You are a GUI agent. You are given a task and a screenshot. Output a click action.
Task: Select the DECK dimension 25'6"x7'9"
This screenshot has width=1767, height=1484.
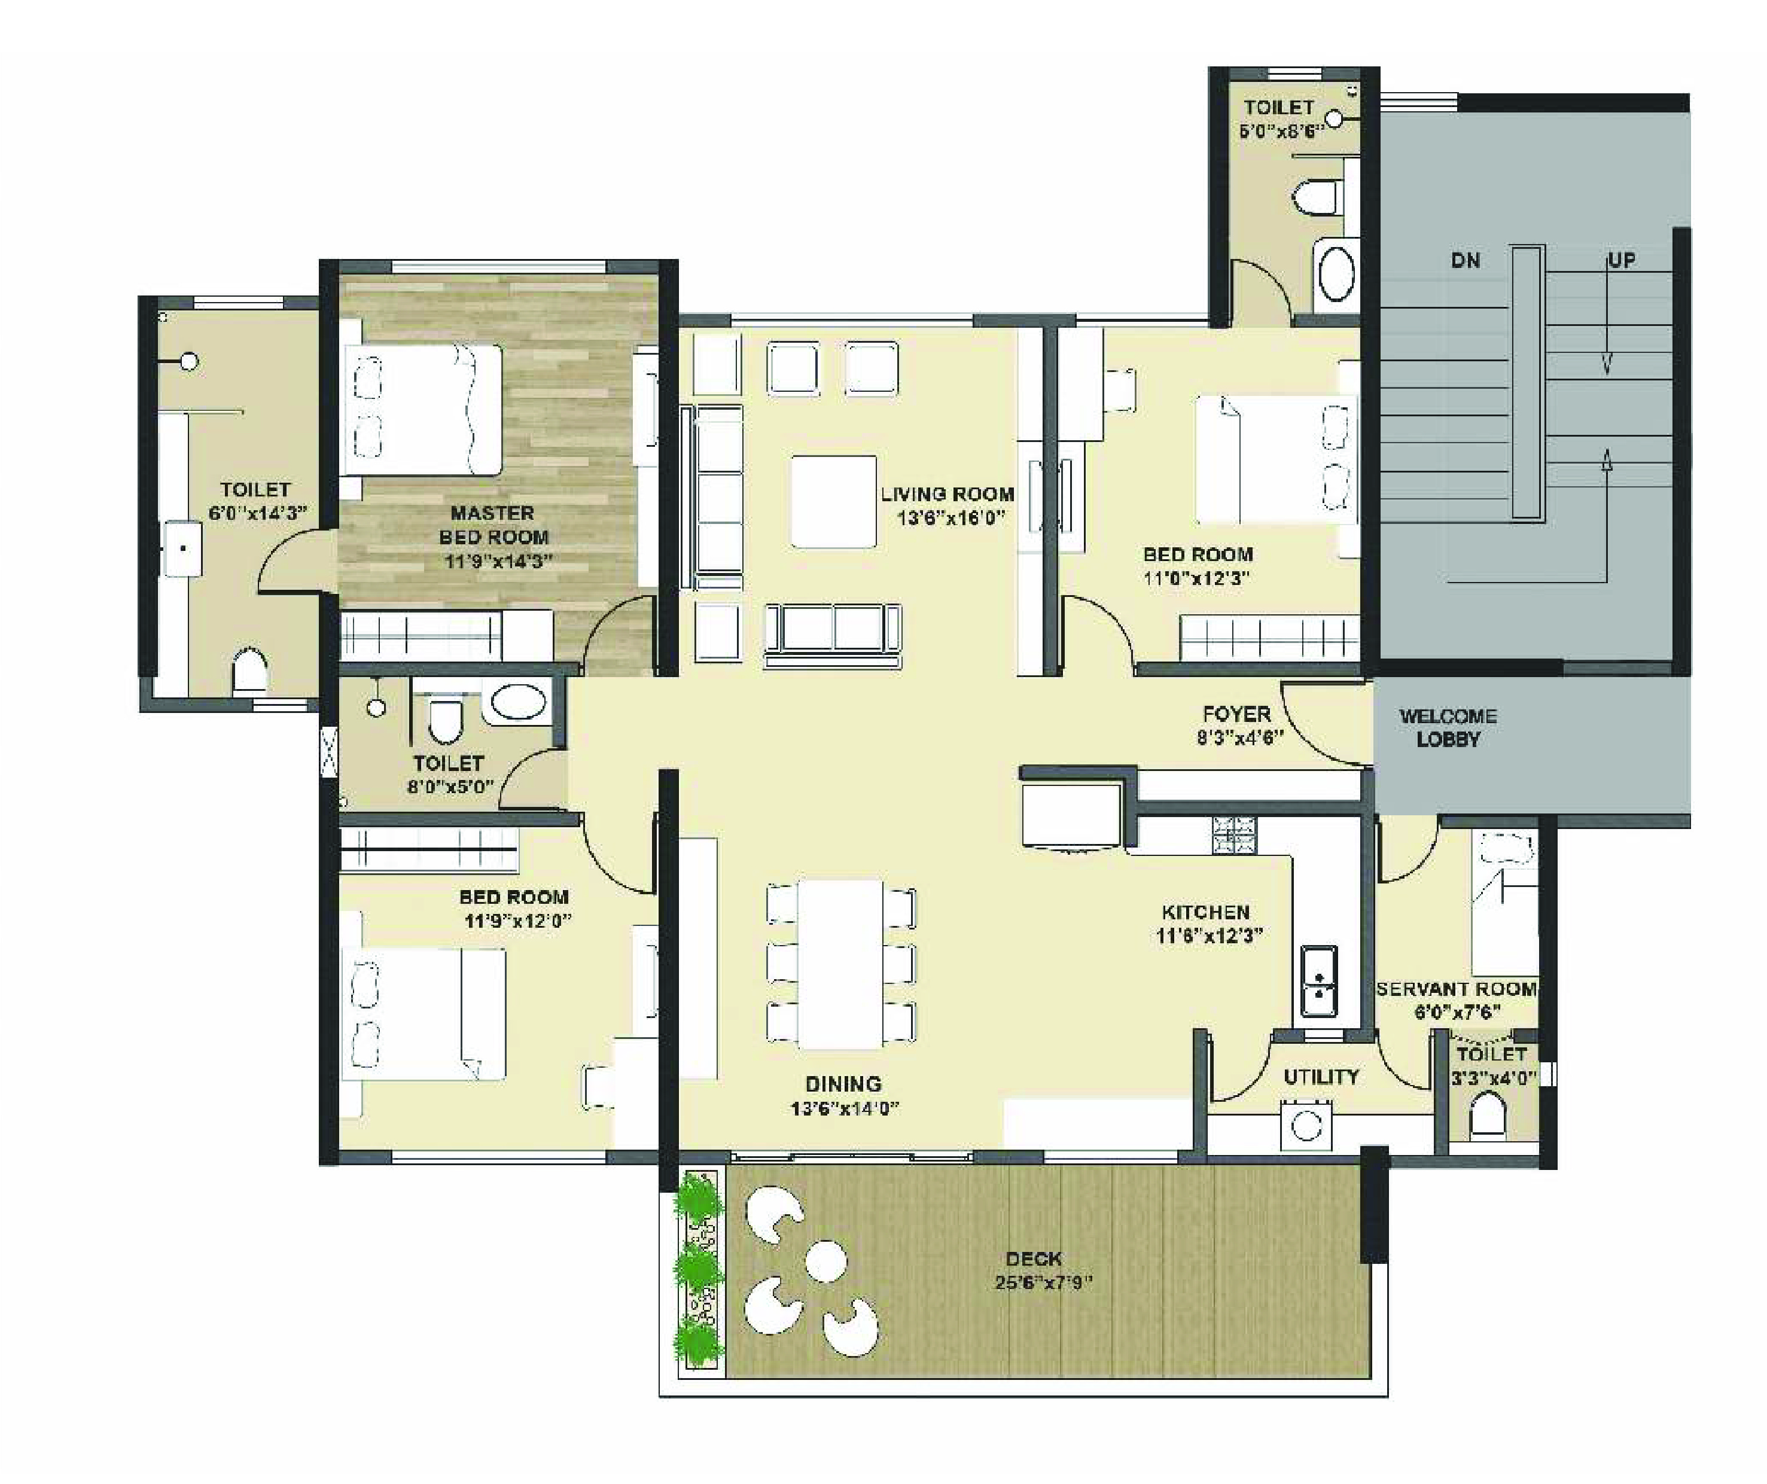[1043, 1283]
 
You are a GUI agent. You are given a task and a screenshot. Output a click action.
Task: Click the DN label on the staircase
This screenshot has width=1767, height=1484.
[1465, 261]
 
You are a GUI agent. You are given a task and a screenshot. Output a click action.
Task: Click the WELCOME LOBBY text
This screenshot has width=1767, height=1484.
[1448, 728]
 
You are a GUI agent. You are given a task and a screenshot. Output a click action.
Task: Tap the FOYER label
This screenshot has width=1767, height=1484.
[1236, 714]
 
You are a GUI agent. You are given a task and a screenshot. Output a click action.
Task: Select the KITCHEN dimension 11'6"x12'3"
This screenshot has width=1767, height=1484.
[1209, 936]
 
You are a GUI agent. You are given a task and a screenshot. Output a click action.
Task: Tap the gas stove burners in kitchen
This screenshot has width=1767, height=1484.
[1233, 836]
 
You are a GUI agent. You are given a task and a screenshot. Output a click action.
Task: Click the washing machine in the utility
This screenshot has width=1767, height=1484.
[1306, 1125]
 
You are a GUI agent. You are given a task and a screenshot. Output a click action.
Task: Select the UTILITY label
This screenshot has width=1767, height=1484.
[1320, 1077]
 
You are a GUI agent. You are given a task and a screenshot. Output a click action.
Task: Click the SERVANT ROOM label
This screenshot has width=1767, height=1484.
[1457, 989]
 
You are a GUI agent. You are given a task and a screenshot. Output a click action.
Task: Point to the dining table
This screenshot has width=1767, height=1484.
[840, 963]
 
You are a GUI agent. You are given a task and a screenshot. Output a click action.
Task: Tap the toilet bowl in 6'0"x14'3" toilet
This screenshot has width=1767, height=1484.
[249, 671]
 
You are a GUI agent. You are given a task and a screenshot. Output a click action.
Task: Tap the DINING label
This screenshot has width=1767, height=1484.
[843, 1084]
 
